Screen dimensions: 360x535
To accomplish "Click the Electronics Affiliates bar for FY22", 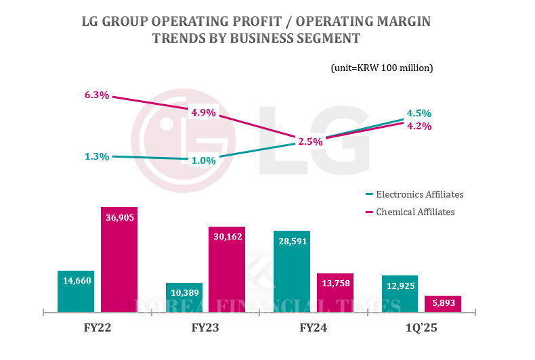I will (x=76, y=291).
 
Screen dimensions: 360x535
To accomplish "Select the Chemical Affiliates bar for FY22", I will (x=119, y=260).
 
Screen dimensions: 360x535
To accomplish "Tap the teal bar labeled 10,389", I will (x=184, y=298).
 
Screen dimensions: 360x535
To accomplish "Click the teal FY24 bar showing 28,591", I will (x=292, y=271).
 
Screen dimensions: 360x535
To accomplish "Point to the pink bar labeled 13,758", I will (x=335, y=293).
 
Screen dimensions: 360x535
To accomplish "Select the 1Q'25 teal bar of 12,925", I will (x=400, y=294).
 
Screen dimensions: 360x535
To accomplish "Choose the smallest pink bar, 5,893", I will (x=442, y=304).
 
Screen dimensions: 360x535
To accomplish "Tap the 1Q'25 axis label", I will (x=421, y=328).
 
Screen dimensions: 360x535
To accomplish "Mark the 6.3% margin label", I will (x=97, y=95).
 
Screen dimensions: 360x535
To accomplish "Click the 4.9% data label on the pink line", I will (x=203, y=113).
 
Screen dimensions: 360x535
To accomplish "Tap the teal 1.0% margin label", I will (x=203, y=160).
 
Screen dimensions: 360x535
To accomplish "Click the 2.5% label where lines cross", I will (x=310, y=141).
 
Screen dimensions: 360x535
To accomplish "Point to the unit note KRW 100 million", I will (x=382, y=68).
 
